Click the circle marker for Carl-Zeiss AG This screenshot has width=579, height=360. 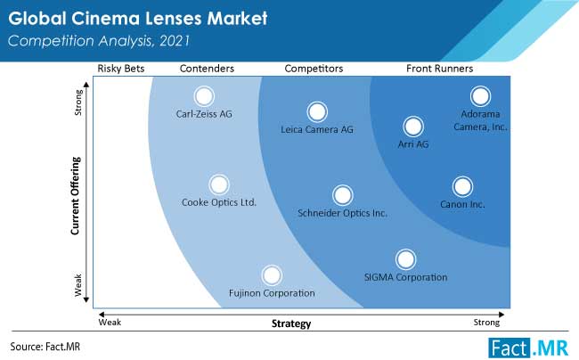pos(204,96)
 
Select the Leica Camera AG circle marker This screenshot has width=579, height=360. pos(317,112)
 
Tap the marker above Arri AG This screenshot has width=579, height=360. pos(412,127)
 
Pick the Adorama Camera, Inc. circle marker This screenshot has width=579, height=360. pos(480,96)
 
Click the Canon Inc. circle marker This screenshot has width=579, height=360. pos(462,187)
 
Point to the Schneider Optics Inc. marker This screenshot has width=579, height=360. pos(342,195)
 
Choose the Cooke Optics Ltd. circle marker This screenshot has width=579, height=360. pos(219,184)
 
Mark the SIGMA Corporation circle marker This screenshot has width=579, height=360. pos(405,259)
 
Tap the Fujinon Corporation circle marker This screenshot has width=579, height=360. pos(272,275)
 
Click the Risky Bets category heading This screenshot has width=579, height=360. pos(121,69)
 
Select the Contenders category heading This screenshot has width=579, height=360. pos(207,69)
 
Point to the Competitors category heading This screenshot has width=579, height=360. pos(314,69)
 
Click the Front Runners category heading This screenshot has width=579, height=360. pos(439,69)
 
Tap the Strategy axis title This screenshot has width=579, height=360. pos(291,323)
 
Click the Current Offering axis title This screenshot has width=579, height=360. pos(76,196)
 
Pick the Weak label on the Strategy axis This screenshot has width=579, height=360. pos(110,323)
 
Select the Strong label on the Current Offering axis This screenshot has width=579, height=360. pos(78,102)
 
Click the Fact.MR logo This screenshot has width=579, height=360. pos(528,348)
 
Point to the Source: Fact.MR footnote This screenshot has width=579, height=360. pos(45,347)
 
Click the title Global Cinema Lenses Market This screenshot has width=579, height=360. pos(138,19)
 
